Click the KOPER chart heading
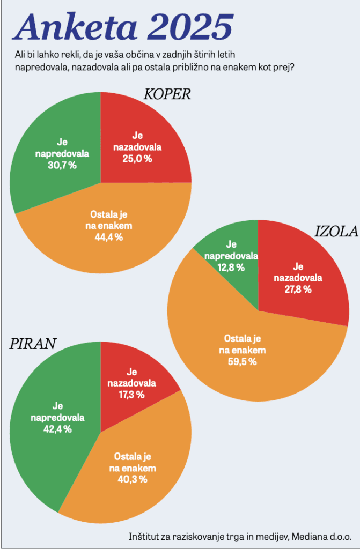coord(167,94)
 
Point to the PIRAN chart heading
coord(33,344)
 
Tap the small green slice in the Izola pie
coord(225,241)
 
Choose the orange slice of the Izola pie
coord(241,365)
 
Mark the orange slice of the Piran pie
coord(139,483)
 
